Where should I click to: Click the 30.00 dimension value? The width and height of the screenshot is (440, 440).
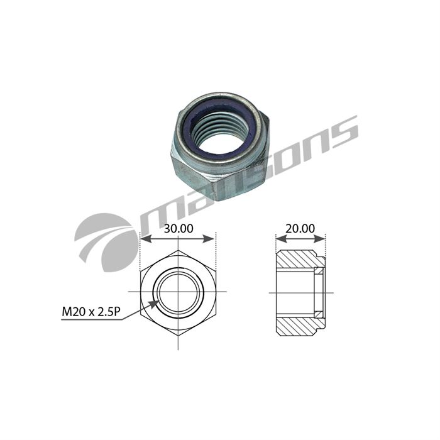(179, 228)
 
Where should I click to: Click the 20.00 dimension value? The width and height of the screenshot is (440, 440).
(300, 228)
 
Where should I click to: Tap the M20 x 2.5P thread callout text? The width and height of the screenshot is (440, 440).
(91, 312)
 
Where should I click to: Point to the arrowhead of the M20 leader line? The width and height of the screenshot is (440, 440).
(154, 304)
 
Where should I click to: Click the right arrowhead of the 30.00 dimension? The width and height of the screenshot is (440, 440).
(209, 239)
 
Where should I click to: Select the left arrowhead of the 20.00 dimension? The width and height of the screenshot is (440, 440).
(281, 239)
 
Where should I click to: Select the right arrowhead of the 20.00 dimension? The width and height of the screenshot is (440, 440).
(319, 239)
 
